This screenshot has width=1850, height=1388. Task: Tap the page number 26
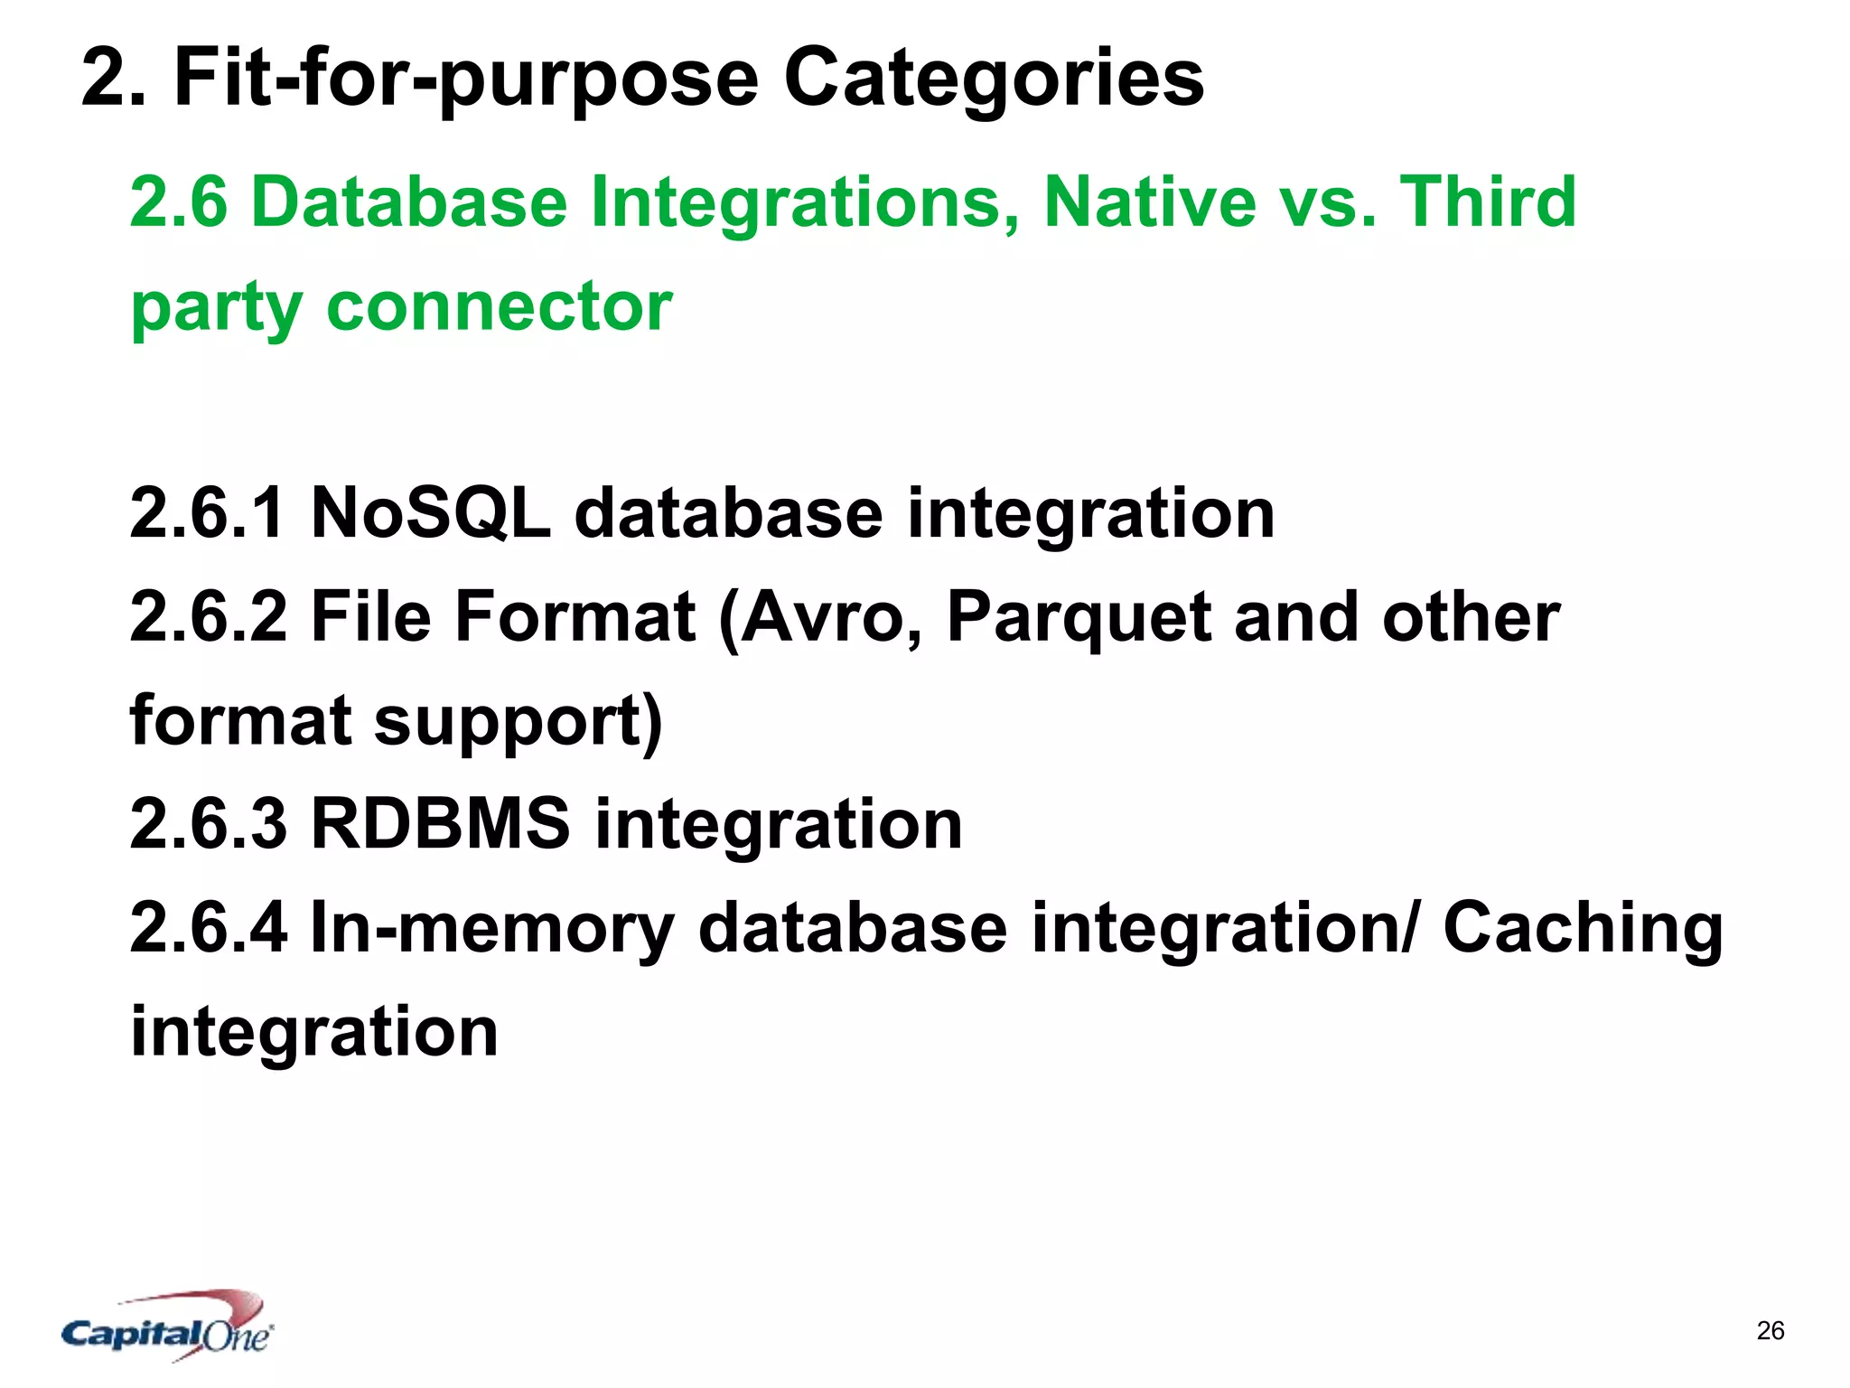(x=1771, y=1331)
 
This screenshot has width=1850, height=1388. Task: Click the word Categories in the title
(x=994, y=80)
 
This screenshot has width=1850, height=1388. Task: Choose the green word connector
(x=499, y=305)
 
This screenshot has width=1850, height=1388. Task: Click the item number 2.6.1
(x=208, y=513)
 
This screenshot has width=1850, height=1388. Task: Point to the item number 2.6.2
(x=208, y=617)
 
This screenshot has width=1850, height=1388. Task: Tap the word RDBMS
(x=440, y=824)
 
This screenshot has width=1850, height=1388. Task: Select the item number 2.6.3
(x=208, y=824)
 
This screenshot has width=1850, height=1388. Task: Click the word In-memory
(x=492, y=928)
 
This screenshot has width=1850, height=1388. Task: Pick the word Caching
(x=1583, y=930)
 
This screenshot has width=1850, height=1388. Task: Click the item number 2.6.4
(x=208, y=928)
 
